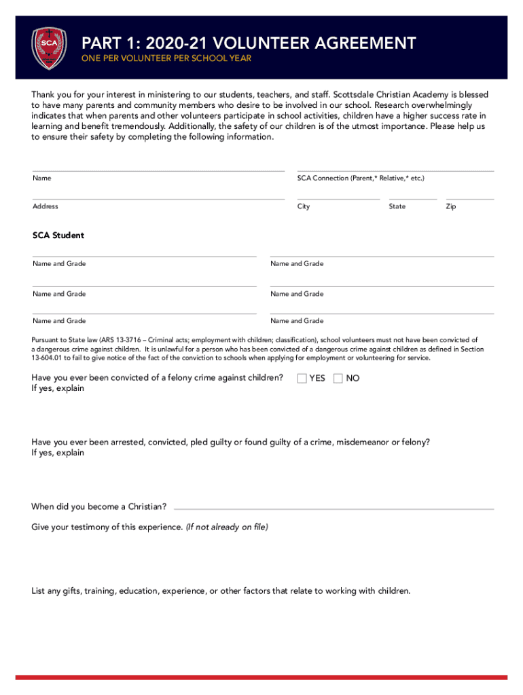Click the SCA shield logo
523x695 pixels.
(x=50, y=48)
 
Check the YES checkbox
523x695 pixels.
(x=302, y=379)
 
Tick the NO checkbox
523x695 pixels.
(x=338, y=379)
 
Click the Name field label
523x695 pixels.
(x=42, y=179)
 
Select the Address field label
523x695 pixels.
(x=46, y=206)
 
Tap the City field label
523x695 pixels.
(x=304, y=206)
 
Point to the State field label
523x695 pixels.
(x=397, y=206)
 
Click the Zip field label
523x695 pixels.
(x=451, y=206)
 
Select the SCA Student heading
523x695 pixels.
(x=58, y=236)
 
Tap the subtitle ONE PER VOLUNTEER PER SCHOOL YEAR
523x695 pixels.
(x=166, y=59)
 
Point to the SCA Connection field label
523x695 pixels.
(x=361, y=179)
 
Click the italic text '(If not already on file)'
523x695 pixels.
(x=227, y=527)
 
